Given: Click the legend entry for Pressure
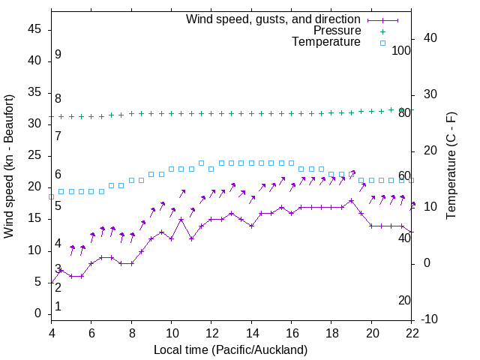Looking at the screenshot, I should point(337,31).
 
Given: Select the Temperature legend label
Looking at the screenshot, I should point(326,42).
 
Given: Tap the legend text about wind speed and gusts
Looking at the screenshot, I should point(274,19).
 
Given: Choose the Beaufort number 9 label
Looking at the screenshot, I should point(58,55).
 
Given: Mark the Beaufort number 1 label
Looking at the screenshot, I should point(58,306).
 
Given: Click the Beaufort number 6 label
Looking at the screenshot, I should point(58,175).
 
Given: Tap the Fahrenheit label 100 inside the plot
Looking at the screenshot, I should point(401,50).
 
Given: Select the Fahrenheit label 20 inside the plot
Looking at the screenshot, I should point(404,300).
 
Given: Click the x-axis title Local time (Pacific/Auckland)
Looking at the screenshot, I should point(230,349).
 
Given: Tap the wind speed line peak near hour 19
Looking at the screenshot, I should point(351,200).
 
